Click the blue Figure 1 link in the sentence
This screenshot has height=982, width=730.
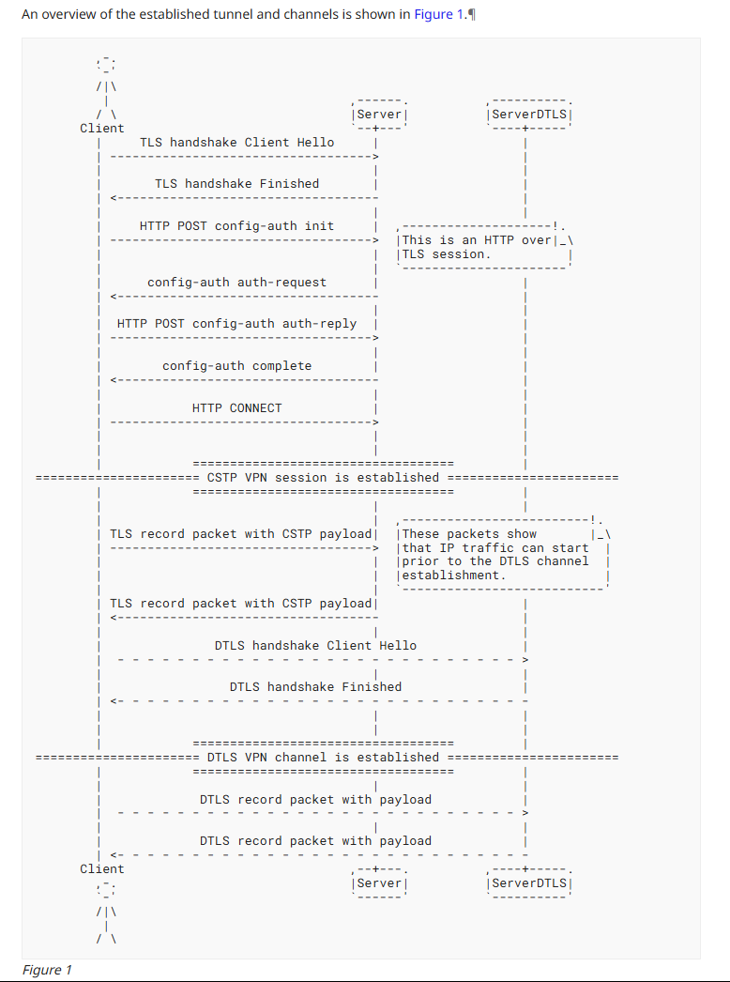(438, 17)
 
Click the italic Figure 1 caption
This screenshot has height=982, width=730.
(47, 970)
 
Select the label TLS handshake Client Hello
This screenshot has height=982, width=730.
(236, 143)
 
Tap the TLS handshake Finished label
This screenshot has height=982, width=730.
(236, 184)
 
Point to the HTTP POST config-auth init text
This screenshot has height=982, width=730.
(236, 226)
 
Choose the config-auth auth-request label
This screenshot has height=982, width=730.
(236, 282)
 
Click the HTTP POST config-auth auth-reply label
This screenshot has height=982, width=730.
(236, 324)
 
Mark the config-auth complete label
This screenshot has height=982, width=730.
(236, 366)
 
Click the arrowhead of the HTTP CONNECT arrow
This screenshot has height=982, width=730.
(374, 422)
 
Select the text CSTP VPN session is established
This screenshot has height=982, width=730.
(323, 477)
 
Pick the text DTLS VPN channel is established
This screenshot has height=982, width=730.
(323, 757)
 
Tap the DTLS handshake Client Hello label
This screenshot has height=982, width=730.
(315, 646)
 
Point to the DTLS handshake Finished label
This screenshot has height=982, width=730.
(315, 687)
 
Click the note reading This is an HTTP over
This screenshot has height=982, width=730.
(477, 240)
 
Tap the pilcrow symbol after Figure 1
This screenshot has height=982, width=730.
(471, 17)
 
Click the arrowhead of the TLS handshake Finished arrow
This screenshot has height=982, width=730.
(113, 198)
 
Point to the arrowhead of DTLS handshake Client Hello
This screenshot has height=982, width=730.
(525, 660)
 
